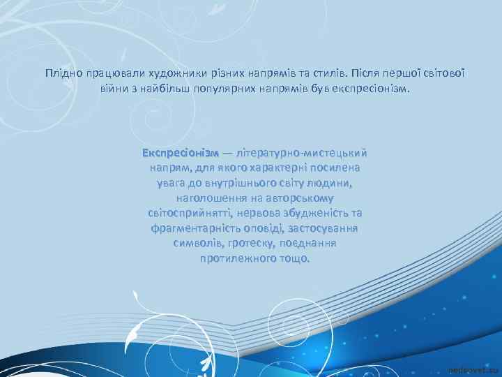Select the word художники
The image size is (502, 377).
[166, 73]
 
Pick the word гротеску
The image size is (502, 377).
[249, 244]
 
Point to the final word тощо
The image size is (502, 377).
[293, 258]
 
